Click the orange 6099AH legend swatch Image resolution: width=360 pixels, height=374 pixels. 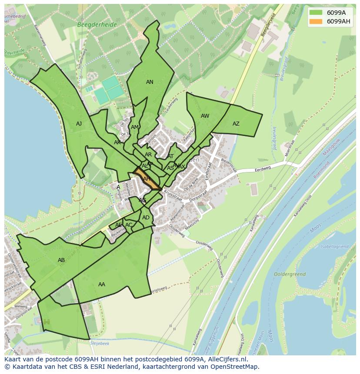tap(316, 21)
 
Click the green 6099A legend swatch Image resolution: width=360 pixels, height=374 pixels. tap(316, 13)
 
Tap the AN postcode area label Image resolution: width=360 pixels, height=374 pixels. tap(150, 82)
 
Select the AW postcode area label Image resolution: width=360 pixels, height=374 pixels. tap(205, 116)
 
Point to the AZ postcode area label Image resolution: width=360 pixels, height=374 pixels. tap(236, 124)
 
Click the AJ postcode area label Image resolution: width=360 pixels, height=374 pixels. tap(79, 124)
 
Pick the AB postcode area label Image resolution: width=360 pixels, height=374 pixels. tap(61, 260)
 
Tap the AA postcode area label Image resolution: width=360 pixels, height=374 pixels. tap(101, 285)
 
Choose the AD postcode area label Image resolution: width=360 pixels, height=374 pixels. tap(146, 218)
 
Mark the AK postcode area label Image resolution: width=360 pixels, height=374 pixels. tap(117, 142)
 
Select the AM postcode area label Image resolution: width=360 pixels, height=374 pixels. tap(134, 127)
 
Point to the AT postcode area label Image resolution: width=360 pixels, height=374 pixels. tap(170, 156)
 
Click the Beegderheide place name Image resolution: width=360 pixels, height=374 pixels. tap(97, 25)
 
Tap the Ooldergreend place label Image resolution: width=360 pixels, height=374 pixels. tap(290, 275)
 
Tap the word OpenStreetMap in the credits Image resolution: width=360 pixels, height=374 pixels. tap(237, 367)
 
